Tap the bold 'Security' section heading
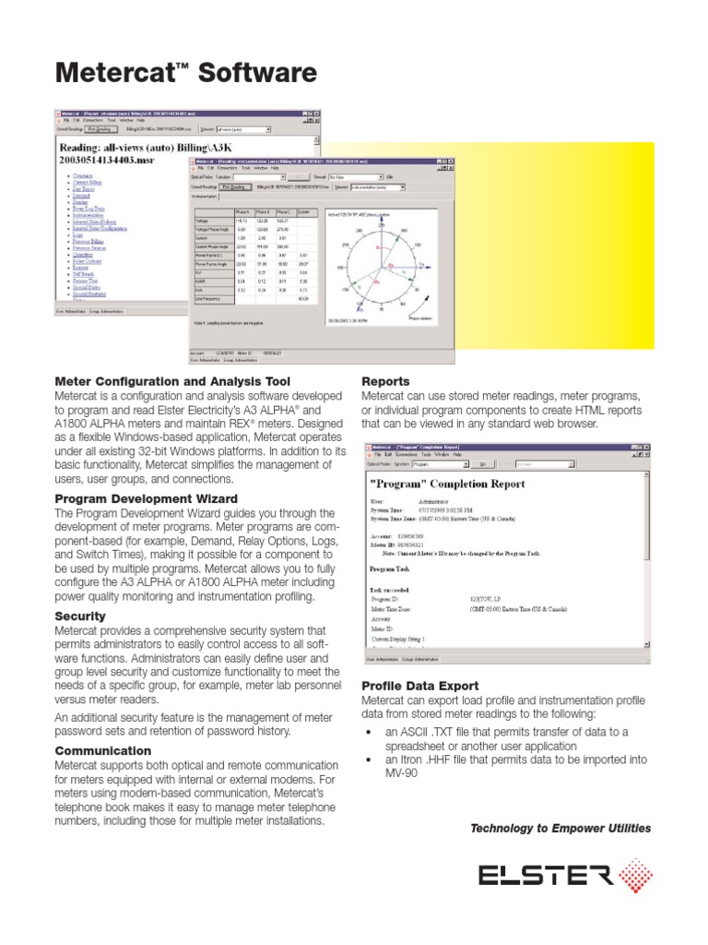click(80, 616)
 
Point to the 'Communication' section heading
click(102, 750)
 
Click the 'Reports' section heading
click(385, 381)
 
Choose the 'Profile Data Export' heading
click(419, 686)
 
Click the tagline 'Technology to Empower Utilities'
click(560, 828)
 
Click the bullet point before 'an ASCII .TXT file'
click(369, 732)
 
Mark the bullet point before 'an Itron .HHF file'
click(369, 760)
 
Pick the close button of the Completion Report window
click(646, 447)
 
